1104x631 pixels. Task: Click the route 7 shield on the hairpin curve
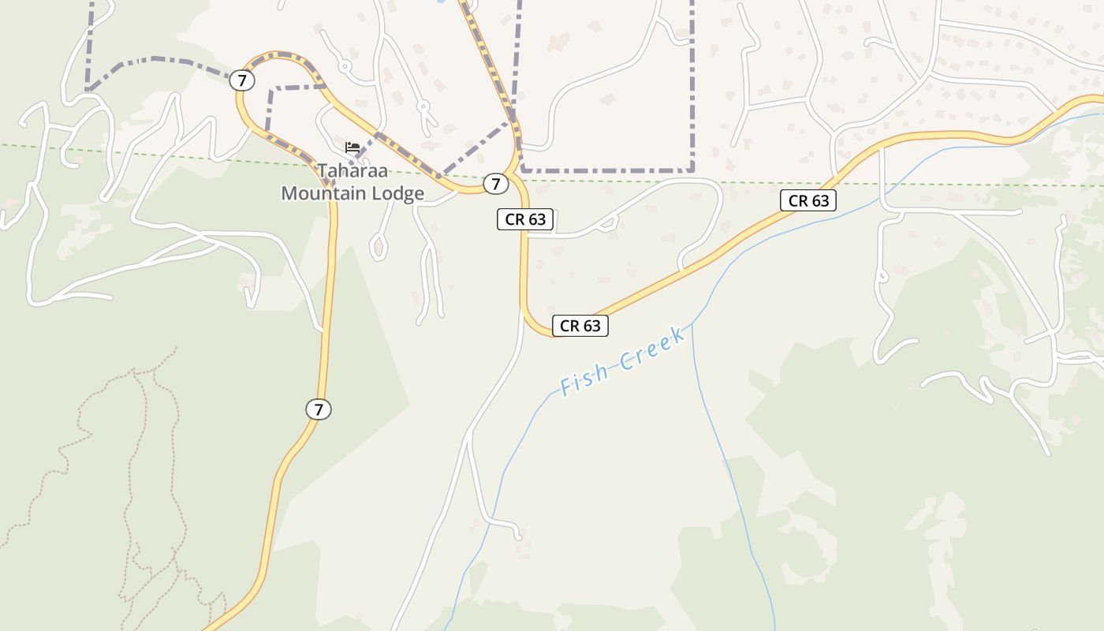click(242, 80)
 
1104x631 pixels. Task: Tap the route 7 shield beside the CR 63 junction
click(495, 185)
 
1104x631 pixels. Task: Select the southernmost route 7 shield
click(319, 409)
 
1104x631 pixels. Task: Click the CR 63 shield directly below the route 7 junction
click(525, 219)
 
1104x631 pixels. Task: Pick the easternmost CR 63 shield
click(808, 200)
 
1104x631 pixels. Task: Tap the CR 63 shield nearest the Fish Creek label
click(580, 325)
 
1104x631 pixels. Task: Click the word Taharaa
click(353, 170)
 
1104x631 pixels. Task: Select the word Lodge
click(400, 193)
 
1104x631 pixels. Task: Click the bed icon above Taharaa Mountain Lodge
click(352, 147)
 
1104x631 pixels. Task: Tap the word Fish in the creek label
click(584, 380)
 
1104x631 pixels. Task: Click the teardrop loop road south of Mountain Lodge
click(379, 247)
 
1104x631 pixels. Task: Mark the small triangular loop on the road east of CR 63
click(607, 226)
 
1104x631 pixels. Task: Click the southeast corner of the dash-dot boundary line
click(692, 170)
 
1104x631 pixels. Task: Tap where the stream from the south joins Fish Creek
click(692, 324)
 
